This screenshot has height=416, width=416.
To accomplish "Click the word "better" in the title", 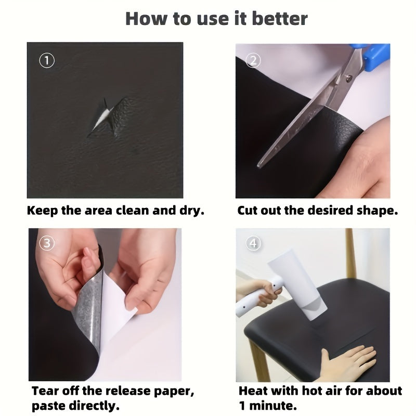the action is pos(280,19).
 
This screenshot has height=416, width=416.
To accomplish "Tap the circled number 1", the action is pos(47,60).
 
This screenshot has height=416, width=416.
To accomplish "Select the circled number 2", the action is pos(253,61).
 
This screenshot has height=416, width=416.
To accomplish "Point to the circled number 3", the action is pos(47,243).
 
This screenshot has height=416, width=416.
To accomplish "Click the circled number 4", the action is pos(253,243).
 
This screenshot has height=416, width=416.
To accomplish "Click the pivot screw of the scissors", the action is pos(349,77).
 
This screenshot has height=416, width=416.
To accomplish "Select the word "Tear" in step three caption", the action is pos(44,391).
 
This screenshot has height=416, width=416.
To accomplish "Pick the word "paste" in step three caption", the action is pos(48,406).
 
